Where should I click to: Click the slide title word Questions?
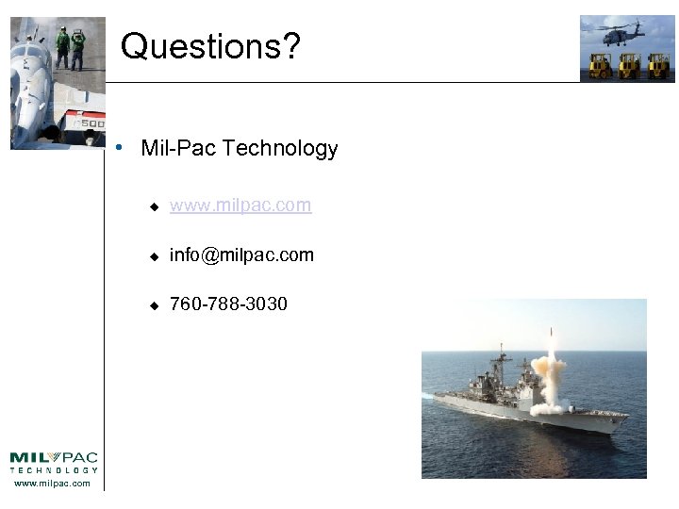(x=210, y=45)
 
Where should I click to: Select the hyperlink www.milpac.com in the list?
(x=240, y=205)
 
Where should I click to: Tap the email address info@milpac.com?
(x=241, y=255)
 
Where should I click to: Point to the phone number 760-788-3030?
(x=228, y=304)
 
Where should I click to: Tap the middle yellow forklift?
(x=629, y=64)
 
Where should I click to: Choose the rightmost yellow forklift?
(x=658, y=64)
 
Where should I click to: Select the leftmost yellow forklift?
(x=600, y=64)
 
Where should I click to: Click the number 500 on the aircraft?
(x=91, y=123)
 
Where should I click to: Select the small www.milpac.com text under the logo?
(x=53, y=484)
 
